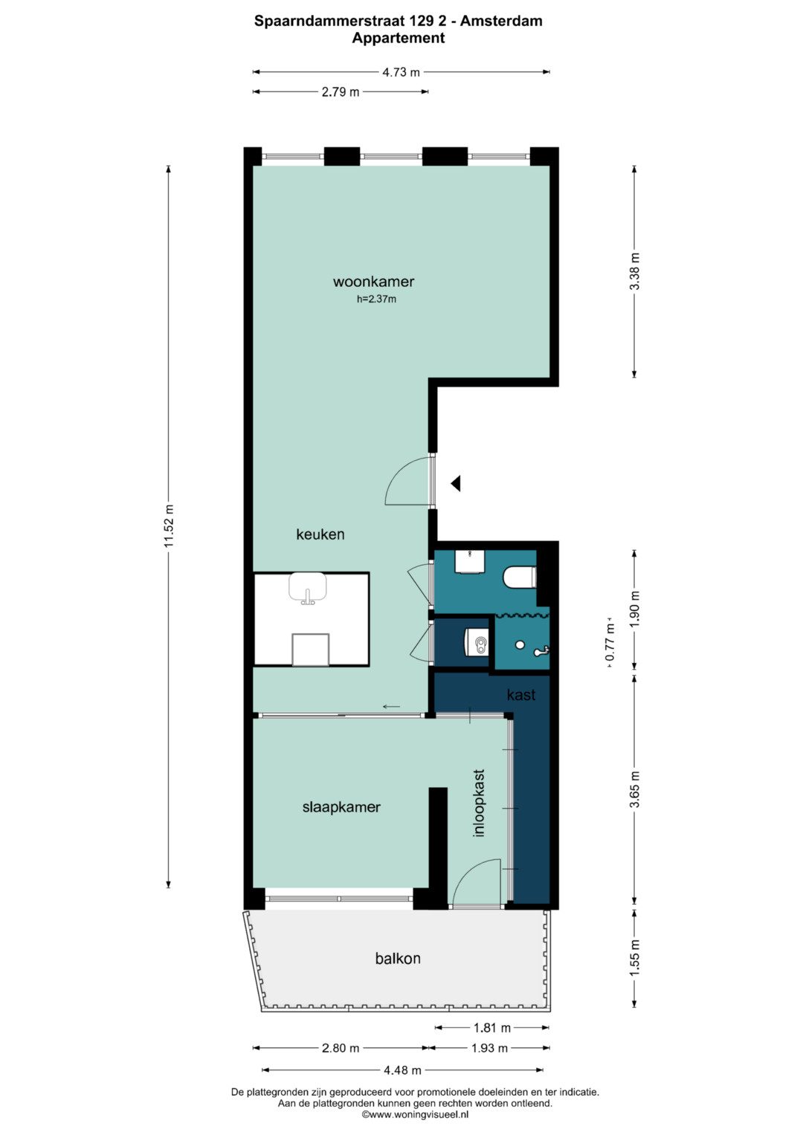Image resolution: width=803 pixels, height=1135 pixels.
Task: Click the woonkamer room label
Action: (x=373, y=282)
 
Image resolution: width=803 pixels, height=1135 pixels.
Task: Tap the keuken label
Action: (x=320, y=534)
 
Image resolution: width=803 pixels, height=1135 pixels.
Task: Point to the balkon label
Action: (x=398, y=958)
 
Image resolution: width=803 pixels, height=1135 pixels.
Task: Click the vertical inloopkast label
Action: (x=479, y=803)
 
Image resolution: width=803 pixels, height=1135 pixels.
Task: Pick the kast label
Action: (x=521, y=695)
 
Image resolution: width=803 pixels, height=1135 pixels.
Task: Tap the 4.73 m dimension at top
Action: (x=401, y=72)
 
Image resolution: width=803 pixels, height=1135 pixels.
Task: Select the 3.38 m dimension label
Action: (x=635, y=271)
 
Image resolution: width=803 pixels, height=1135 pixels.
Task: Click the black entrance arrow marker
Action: (x=456, y=483)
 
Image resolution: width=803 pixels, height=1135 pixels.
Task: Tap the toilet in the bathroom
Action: (x=520, y=578)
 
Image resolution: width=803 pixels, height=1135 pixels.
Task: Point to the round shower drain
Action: (x=520, y=645)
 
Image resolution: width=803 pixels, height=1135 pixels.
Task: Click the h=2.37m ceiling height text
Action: (x=376, y=299)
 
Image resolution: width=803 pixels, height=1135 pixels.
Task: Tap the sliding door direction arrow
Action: (x=391, y=707)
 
